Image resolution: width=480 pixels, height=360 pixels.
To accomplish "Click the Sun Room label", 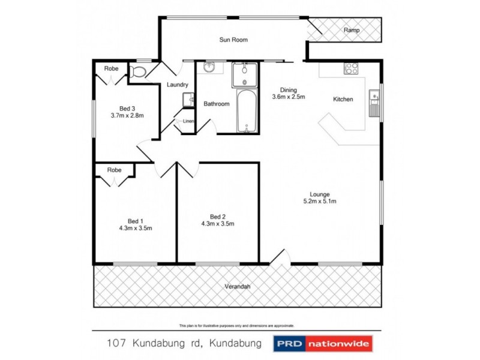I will coord(233,40).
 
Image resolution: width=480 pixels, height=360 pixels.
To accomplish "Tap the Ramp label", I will coord(351,29).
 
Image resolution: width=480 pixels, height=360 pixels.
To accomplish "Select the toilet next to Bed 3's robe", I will coord(138,73).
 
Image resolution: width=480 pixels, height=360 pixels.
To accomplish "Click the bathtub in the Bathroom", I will coord(245,112).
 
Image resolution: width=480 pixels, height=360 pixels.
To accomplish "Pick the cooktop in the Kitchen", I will coord(351,68).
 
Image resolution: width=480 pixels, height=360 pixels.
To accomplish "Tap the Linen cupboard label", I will coord(188,122).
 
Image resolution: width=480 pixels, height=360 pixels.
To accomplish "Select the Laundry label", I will coord(178,85).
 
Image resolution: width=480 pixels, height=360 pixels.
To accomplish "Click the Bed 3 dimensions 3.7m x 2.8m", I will coord(127,115).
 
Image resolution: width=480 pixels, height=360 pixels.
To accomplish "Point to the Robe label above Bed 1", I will coord(114,170).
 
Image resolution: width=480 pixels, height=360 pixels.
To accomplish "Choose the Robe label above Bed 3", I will coord(111,69).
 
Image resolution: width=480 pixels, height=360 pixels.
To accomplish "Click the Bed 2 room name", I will coord(217,217).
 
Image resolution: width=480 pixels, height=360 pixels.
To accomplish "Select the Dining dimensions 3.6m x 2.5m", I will coord(289,97).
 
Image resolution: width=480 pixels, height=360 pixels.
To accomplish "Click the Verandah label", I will coord(237,287).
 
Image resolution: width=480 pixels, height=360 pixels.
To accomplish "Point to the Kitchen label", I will coord(343,100).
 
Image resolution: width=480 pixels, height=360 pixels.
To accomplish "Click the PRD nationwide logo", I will coord(323,344).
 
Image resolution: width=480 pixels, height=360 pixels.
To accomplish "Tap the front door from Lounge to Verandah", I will coord(278,259).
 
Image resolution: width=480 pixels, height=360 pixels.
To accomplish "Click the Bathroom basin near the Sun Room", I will coord(209,68).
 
